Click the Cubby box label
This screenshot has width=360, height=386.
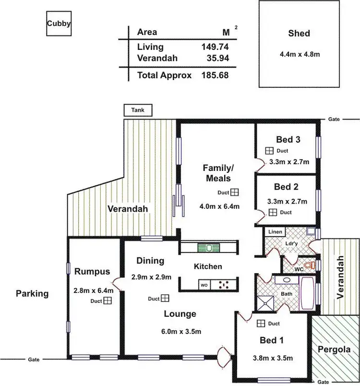59,24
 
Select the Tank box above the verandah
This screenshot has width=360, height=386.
138,110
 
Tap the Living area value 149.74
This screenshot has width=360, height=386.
215,47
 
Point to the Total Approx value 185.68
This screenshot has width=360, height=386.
215,75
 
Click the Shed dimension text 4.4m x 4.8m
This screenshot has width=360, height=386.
300,54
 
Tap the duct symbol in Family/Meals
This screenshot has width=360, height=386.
235,193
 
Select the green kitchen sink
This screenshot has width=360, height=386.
208,248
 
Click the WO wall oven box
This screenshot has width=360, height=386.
204,285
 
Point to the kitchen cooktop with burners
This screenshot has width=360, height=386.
223,285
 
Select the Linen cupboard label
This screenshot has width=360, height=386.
276,232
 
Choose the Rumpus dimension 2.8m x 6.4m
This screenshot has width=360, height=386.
94,290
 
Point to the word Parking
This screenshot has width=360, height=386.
32,293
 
